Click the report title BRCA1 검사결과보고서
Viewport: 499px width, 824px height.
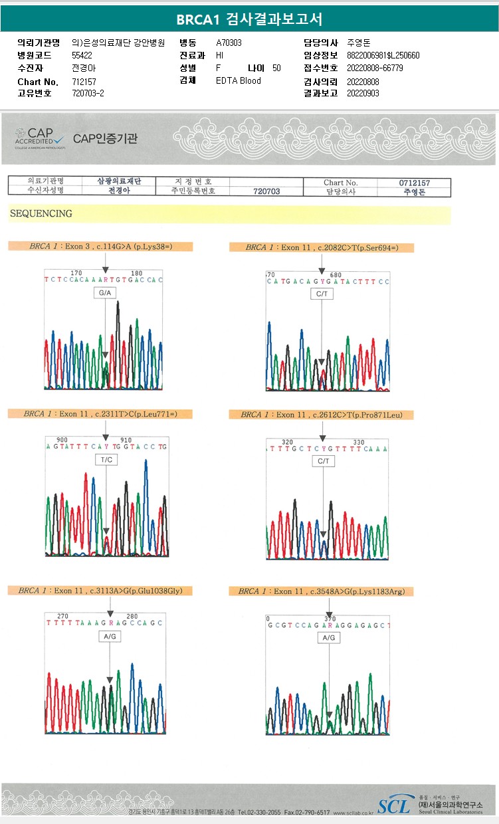(249, 19)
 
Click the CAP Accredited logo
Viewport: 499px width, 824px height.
(39, 138)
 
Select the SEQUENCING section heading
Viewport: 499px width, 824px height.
(41, 213)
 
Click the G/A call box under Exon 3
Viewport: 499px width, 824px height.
(105, 293)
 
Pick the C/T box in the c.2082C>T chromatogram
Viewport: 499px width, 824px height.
(322, 294)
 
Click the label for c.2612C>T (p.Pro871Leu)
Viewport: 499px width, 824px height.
(322, 415)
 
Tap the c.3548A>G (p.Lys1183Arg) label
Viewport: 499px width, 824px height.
(322, 591)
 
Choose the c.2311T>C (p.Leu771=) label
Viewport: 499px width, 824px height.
(100, 413)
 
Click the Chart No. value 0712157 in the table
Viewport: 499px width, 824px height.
(414, 182)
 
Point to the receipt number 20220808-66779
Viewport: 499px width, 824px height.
(375, 68)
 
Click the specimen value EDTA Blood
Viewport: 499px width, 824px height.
(239, 80)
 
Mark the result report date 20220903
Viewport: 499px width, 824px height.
(363, 93)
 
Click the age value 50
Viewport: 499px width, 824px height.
(276, 68)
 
